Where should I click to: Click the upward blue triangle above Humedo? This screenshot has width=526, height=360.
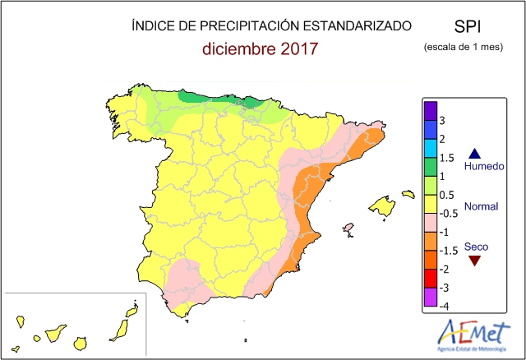473,153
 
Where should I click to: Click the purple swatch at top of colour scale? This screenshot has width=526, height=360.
430,108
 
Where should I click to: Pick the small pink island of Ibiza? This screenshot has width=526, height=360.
348,228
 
